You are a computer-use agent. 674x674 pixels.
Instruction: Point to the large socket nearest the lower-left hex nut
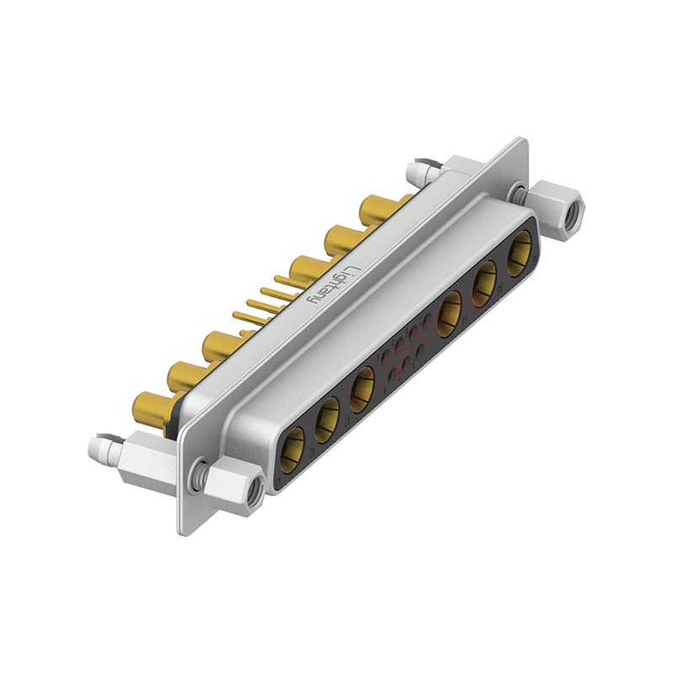pos(293,446)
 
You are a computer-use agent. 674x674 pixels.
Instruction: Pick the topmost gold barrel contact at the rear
pos(377,209)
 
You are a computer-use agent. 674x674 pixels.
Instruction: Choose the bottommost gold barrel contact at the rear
pos(150,410)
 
